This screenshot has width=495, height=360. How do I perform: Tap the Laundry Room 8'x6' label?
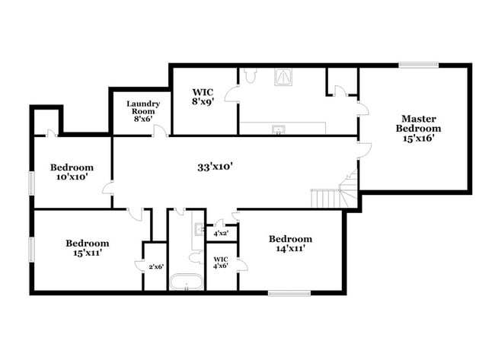coord(143,111)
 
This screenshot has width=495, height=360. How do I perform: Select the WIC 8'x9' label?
coord(202,97)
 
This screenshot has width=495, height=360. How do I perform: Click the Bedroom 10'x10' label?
coord(72,172)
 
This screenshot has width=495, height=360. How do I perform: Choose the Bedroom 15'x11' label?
coord(88,247)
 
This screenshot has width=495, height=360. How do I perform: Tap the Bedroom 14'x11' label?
coord(290,244)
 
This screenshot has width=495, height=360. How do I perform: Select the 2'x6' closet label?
coord(155,266)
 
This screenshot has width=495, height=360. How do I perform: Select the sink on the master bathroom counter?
coord(279,128)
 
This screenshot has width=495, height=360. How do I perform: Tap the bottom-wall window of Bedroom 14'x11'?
coord(289,292)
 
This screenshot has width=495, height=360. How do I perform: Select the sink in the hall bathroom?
coord(198,228)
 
